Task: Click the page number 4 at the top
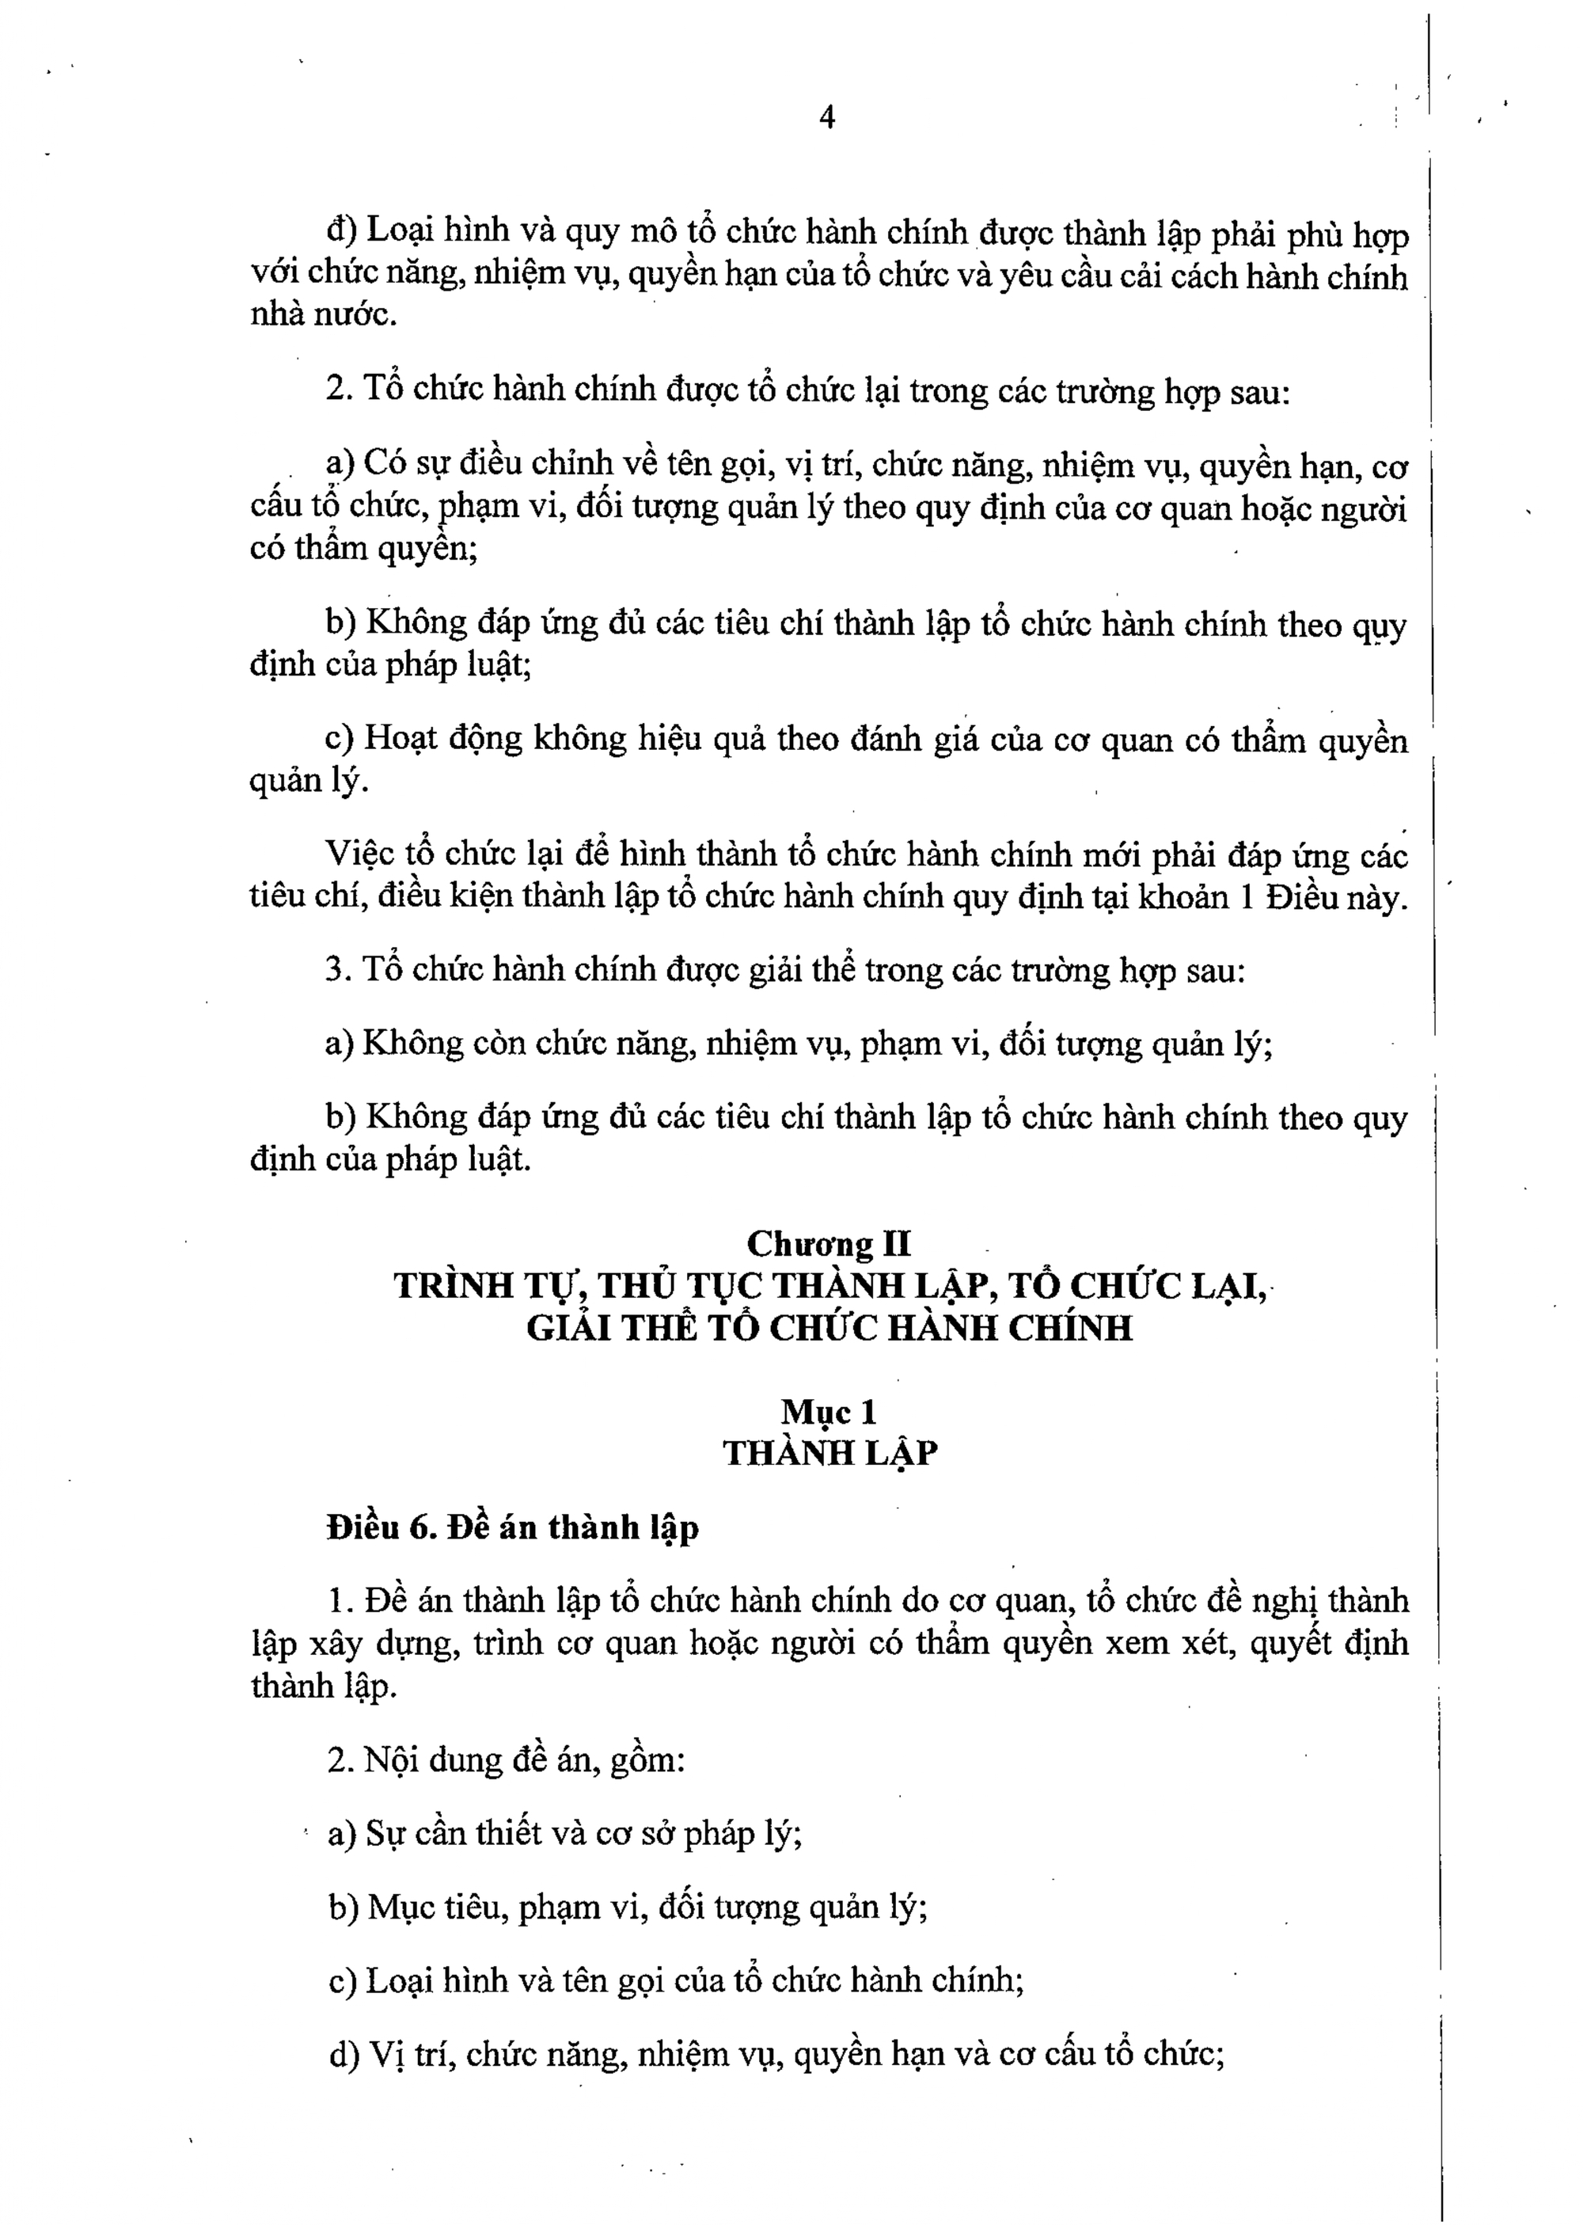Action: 826,118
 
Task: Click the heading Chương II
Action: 829,1244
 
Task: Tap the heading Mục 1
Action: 829,1412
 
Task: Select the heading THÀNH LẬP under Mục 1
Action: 829,1454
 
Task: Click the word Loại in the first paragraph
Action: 401,232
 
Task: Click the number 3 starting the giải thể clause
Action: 334,970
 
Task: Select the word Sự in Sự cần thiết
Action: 383,1835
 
